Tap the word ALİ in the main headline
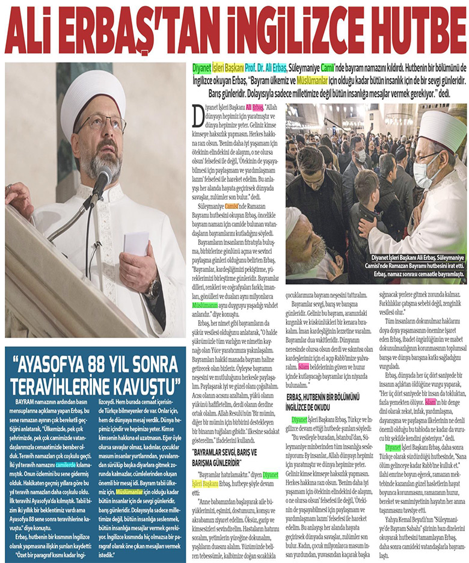37,29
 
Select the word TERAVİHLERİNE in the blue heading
63,384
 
